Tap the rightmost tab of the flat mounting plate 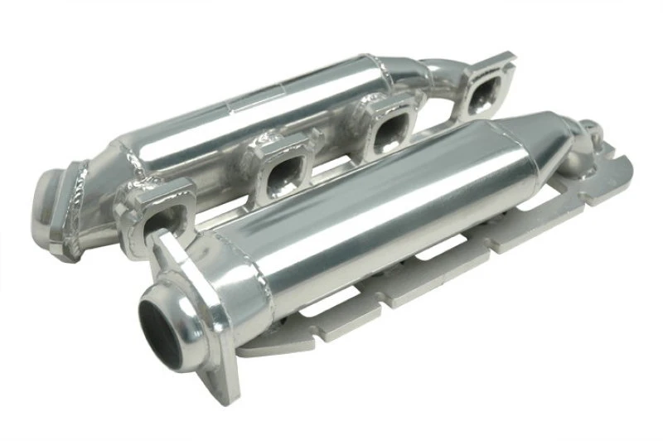[x=601, y=195]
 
